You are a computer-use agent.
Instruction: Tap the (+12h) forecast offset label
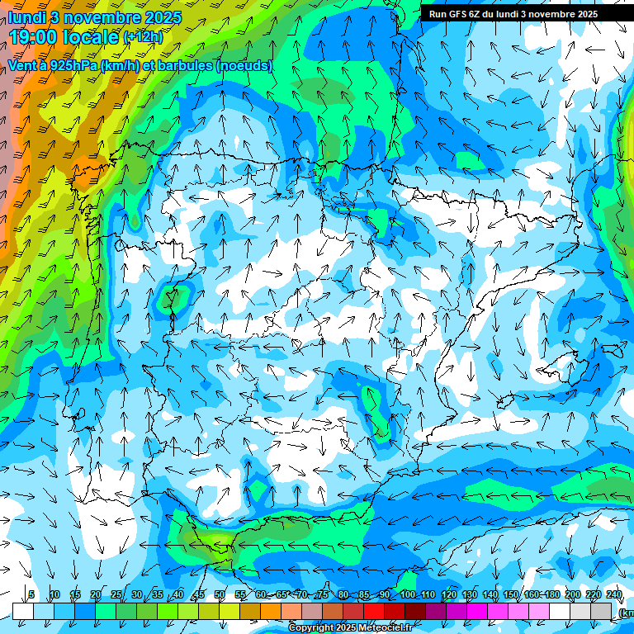(x=143, y=37)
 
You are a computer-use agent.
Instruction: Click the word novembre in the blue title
(x=100, y=17)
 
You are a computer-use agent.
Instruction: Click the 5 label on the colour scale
(x=31, y=594)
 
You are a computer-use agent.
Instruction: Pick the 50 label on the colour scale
(x=220, y=594)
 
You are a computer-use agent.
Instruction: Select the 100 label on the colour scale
(x=408, y=594)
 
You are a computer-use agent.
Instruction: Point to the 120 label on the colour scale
(x=449, y=594)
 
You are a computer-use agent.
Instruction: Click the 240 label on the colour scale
(x=614, y=594)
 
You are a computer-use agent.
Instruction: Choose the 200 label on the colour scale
(x=573, y=594)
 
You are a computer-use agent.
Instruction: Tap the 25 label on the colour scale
(x=116, y=594)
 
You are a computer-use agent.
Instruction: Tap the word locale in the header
(x=92, y=36)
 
